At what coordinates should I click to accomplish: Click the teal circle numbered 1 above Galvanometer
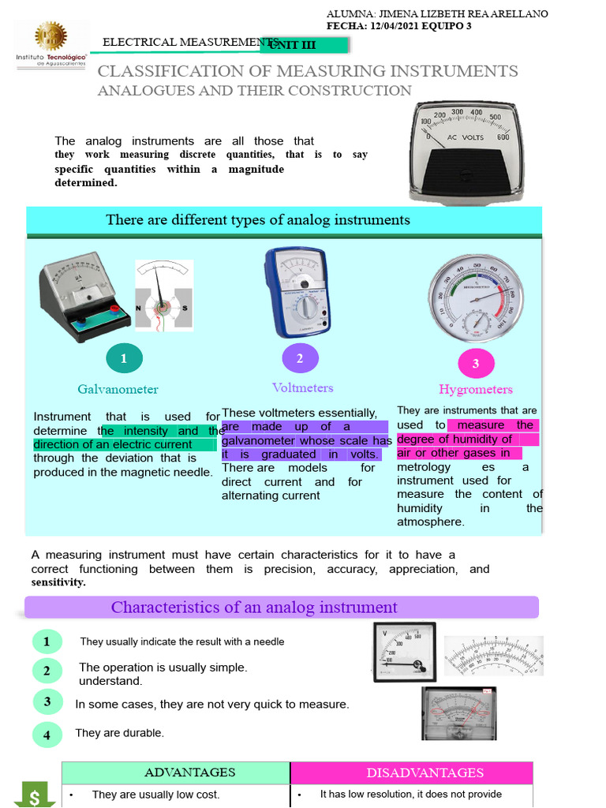click(x=123, y=359)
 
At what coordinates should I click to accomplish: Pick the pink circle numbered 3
click(x=475, y=363)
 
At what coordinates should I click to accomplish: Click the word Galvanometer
click(x=118, y=389)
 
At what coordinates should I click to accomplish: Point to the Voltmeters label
click(x=302, y=387)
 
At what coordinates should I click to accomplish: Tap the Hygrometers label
click(x=475, y=389)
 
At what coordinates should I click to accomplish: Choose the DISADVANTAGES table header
click(x=425, y=772)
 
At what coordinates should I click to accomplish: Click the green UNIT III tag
click(x=294, y=46)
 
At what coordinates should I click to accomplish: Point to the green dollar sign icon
click(x=36, y=795)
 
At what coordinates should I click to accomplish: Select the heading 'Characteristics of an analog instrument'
click(x=254, y=607)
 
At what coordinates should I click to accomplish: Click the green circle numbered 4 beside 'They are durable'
click(x=47, y=735)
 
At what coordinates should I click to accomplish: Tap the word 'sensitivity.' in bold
click(x=58, y=582)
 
